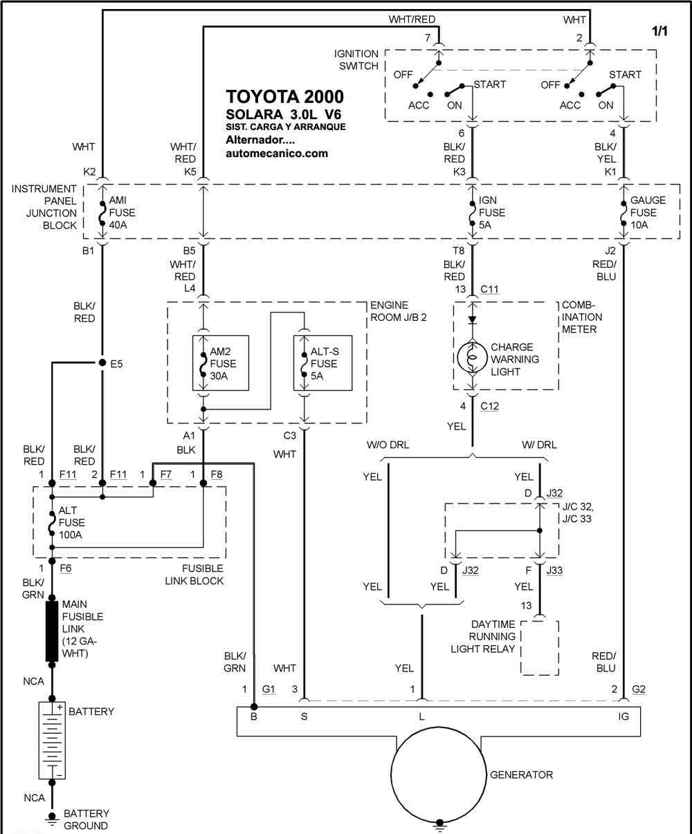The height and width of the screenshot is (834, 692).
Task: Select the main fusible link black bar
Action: click(x=52, y=631)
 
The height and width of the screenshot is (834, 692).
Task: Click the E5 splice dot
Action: click(x=102, y=362)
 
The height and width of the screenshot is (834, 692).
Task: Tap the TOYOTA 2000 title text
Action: click(x=284, y=97)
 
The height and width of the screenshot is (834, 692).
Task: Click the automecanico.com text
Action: click(x=277, y=154)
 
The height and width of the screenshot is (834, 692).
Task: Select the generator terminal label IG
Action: click(x=623, y=716)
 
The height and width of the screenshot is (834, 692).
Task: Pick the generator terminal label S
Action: click(x=304, y=716)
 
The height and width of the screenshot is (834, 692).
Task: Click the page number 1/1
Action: click(x=659, y=31)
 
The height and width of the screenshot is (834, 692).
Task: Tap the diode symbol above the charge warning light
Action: click(x=472, y=319)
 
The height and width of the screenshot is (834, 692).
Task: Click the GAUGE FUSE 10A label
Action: click(x=648, y=212)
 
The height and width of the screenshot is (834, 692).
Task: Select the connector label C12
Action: click(x=489, y=406)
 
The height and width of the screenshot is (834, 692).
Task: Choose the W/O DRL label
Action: click(x=388, y=445)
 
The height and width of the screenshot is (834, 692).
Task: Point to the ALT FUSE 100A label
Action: click(x=72, y=522)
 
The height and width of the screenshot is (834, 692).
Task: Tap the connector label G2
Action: click(x=639, y=689)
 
